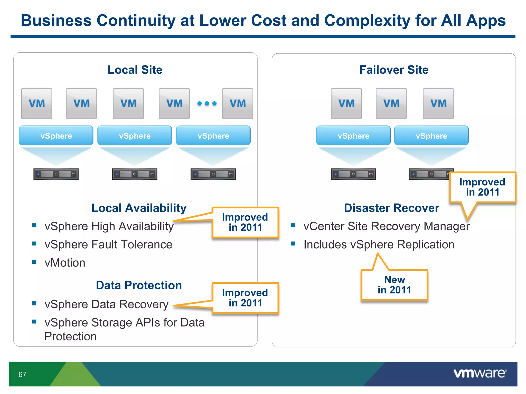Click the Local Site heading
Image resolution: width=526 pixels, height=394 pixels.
tap(135, 70)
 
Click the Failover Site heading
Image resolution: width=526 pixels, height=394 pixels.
tap(394, 70)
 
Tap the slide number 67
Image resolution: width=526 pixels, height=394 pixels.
tap(22, 375)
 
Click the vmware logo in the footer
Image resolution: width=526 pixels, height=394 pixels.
tap(480, 373)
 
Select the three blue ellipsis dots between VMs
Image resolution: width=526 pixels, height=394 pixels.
tap(207, 103)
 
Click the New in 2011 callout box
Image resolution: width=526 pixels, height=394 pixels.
tap(394, 285)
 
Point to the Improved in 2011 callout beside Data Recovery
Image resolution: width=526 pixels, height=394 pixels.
tap(245, 298)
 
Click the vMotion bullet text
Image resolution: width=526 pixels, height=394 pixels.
tap(65, 263)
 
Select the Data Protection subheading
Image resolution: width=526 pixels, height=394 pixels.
tap(139, 285)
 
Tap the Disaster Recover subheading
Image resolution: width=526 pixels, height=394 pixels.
tap(391, 208)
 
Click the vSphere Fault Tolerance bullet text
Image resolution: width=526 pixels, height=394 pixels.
tap(108, 244)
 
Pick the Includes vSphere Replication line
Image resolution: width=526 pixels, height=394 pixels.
tap(379, 244)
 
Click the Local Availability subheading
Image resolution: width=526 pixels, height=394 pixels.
tap(139, 208)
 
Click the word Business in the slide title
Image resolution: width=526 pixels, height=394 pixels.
tap(56, 21)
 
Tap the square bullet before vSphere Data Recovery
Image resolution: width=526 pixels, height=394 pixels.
tap(34, 303)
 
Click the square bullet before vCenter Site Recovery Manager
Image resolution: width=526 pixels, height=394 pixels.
tap(293, 225)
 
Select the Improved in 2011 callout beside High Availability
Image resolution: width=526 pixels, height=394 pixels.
tap(245, 222)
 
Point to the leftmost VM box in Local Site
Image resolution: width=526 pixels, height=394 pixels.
tap(36, 103)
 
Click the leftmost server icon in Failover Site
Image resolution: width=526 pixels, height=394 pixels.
tap(353, 174)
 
